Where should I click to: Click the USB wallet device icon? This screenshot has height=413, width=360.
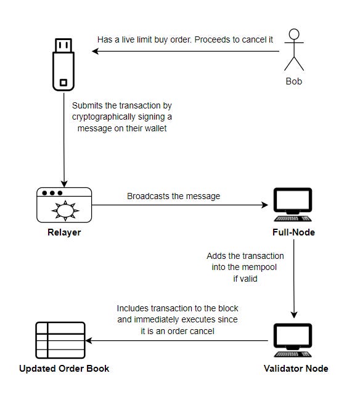click(63, 65)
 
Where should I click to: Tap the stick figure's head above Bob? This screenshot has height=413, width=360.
click(294, 34)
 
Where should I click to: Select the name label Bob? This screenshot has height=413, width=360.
click(294, 81)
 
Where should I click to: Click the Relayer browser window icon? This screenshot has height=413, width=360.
click(64, 205)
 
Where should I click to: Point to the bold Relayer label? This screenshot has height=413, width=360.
click(64, 232)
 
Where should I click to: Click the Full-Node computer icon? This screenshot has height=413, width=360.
click(293, 205)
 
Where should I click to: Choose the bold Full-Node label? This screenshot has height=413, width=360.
click(293, 232)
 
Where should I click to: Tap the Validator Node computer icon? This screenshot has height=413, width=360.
click(293, 340)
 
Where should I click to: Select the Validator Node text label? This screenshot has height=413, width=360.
click(296, 368)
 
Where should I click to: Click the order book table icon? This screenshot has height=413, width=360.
click(60, 340)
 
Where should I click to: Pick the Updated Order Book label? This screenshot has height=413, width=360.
click(64, 368)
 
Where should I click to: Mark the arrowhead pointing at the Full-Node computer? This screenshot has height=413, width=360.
click(264, 205)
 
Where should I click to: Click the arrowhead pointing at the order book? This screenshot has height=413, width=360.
click(89, 340)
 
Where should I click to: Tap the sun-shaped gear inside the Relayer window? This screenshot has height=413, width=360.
click(65, 210)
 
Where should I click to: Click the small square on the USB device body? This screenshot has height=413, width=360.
click(63, 83)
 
